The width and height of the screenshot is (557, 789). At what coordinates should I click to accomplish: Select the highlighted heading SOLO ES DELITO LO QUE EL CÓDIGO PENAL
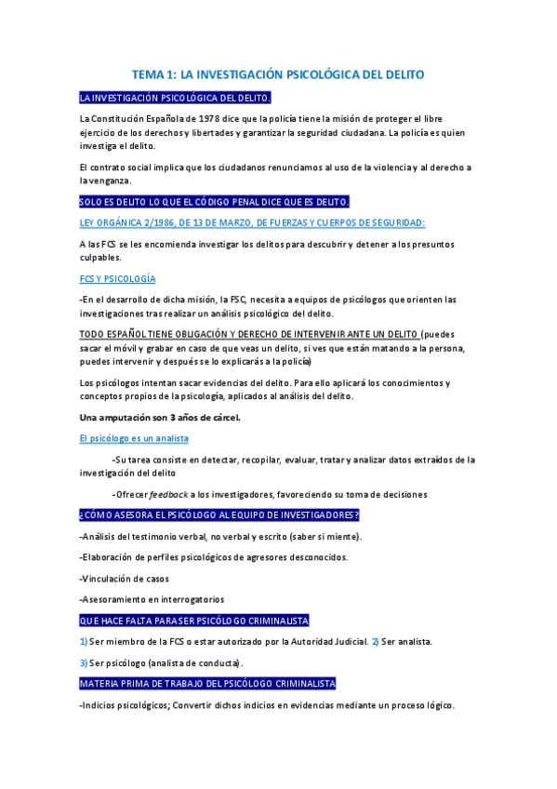[x=214, y=202]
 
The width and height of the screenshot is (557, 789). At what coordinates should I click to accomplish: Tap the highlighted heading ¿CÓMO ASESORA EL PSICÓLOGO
[x=219, y=515]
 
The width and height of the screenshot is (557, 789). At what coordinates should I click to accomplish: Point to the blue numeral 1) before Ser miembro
[x=84, y=641]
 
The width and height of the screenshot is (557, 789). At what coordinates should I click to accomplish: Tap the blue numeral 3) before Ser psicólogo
[x=84, y=662]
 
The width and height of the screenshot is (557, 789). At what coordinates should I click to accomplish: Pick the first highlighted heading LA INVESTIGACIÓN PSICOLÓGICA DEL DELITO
[x=175, y=97]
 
